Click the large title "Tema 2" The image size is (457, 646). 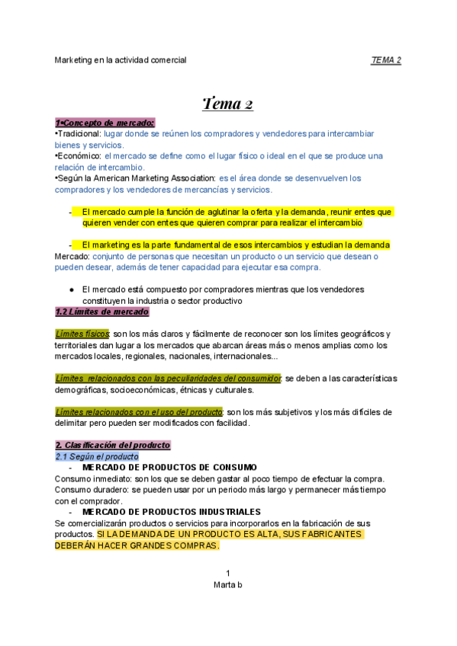click(x=227, y=103)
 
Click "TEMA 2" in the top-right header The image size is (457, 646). click(x=386, y=59)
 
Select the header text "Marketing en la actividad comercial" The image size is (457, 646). click(x=121, y=59)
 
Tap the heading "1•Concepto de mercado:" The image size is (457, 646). click(x=105, y=123)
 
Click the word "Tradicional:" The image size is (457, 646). click(x=78, y=133)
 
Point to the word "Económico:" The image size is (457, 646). click(x=78, y=155)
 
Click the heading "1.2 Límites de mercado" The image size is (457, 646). click(x=101, y=312)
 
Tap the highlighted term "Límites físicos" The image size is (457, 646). click(x=82, y=334)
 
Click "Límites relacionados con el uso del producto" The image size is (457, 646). click(x=138, y=412)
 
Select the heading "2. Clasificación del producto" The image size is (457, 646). click(x=112, y=445)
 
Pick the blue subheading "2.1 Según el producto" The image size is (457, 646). click(x=96, y=456)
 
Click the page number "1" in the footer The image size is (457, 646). click(x=227, y=573)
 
